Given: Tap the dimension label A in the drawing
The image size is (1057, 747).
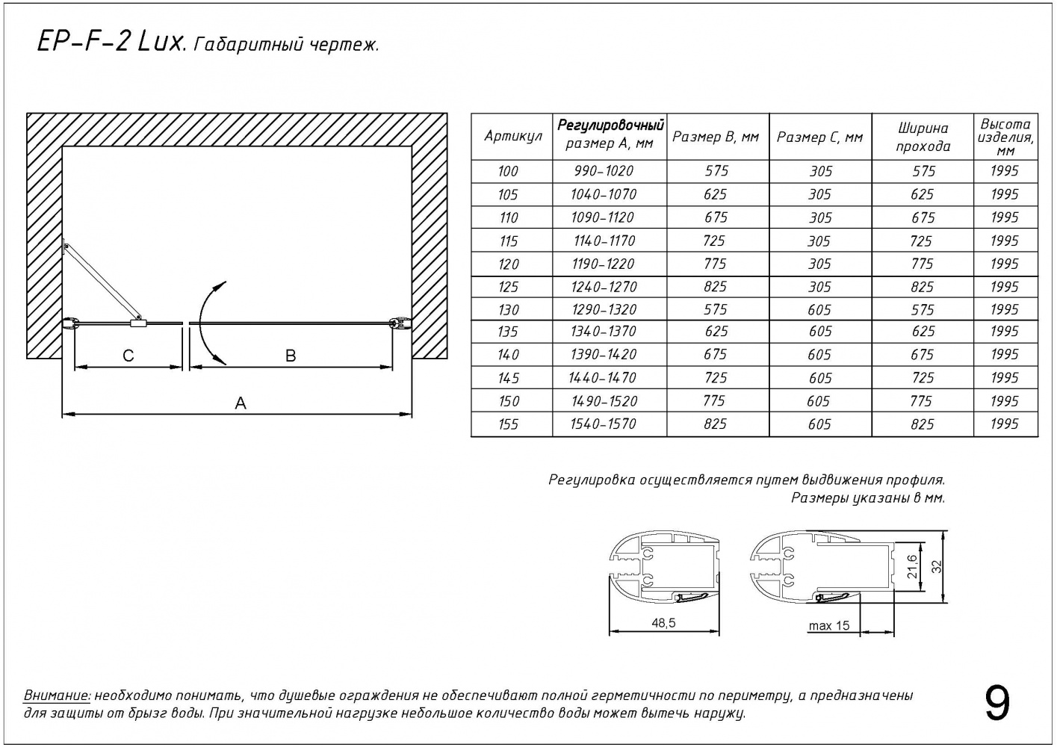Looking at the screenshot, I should [241, 403].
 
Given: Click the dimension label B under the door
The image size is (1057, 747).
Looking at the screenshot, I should [291, 356].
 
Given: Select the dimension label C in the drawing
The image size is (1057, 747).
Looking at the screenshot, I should [128, 356].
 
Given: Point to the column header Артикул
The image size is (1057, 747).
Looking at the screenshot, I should [512, 136].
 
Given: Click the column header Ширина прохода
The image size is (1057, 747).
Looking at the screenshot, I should [923, 137].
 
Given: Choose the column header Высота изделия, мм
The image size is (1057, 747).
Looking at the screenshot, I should [1005, 137].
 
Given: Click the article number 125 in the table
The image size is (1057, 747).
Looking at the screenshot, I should [508, 287].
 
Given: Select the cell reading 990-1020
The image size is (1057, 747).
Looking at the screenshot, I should [604, 171].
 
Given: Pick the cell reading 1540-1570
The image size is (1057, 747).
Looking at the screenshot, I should [604, 424].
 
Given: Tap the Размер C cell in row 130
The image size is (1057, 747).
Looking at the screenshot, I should [819, 310].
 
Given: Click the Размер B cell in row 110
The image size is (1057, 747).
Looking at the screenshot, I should [716, 217].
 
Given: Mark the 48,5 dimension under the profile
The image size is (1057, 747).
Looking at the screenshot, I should [663, 622].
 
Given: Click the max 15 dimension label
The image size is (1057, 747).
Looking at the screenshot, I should [828, 626].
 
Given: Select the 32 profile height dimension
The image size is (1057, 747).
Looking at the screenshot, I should [937, 566].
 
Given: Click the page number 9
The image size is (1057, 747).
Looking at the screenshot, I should [997, 703].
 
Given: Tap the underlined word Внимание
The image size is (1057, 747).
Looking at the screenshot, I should [57, 695].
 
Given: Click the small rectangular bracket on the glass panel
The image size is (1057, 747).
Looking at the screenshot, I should [139, 323].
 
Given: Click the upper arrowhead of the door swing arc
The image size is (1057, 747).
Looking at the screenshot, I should [222, 284].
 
